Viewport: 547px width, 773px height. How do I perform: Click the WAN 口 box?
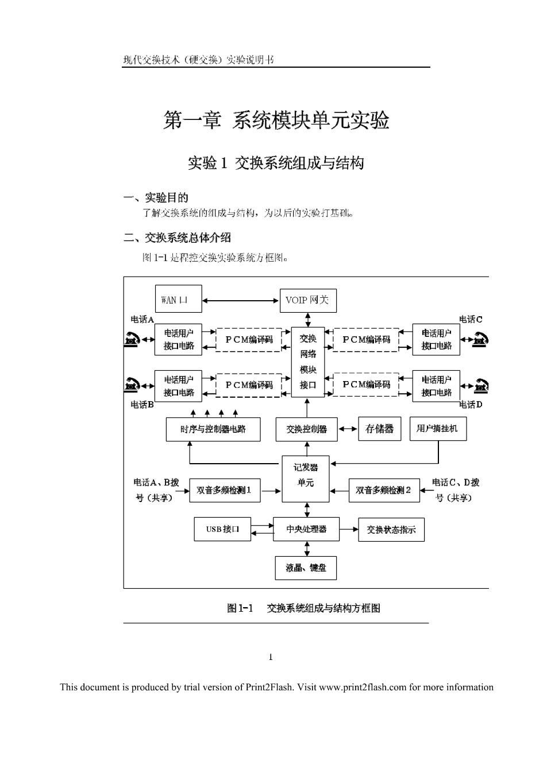178,299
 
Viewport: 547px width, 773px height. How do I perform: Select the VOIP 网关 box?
308,301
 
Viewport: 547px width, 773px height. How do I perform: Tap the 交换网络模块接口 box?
308,362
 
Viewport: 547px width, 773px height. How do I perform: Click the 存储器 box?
379,429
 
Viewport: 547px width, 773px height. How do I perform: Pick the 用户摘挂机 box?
438,429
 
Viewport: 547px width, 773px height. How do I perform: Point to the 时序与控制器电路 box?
213,429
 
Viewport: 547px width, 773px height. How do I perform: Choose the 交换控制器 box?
306,429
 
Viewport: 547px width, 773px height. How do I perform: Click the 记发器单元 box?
306,479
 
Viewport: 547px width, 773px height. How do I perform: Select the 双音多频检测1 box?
225,490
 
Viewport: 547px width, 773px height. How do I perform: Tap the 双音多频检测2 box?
384,490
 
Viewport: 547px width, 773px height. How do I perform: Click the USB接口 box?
222,529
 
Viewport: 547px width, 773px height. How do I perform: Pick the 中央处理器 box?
306,529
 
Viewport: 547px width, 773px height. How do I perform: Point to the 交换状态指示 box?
391,529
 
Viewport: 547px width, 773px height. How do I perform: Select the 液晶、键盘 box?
306,568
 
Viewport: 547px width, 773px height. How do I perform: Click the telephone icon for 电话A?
132,339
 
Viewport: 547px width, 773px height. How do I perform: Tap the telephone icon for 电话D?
480,386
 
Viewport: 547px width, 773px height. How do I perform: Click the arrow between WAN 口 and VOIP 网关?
241,301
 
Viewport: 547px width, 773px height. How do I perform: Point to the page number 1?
271,657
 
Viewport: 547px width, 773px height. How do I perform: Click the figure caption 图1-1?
240,608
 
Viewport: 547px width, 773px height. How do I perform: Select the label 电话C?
470,319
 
